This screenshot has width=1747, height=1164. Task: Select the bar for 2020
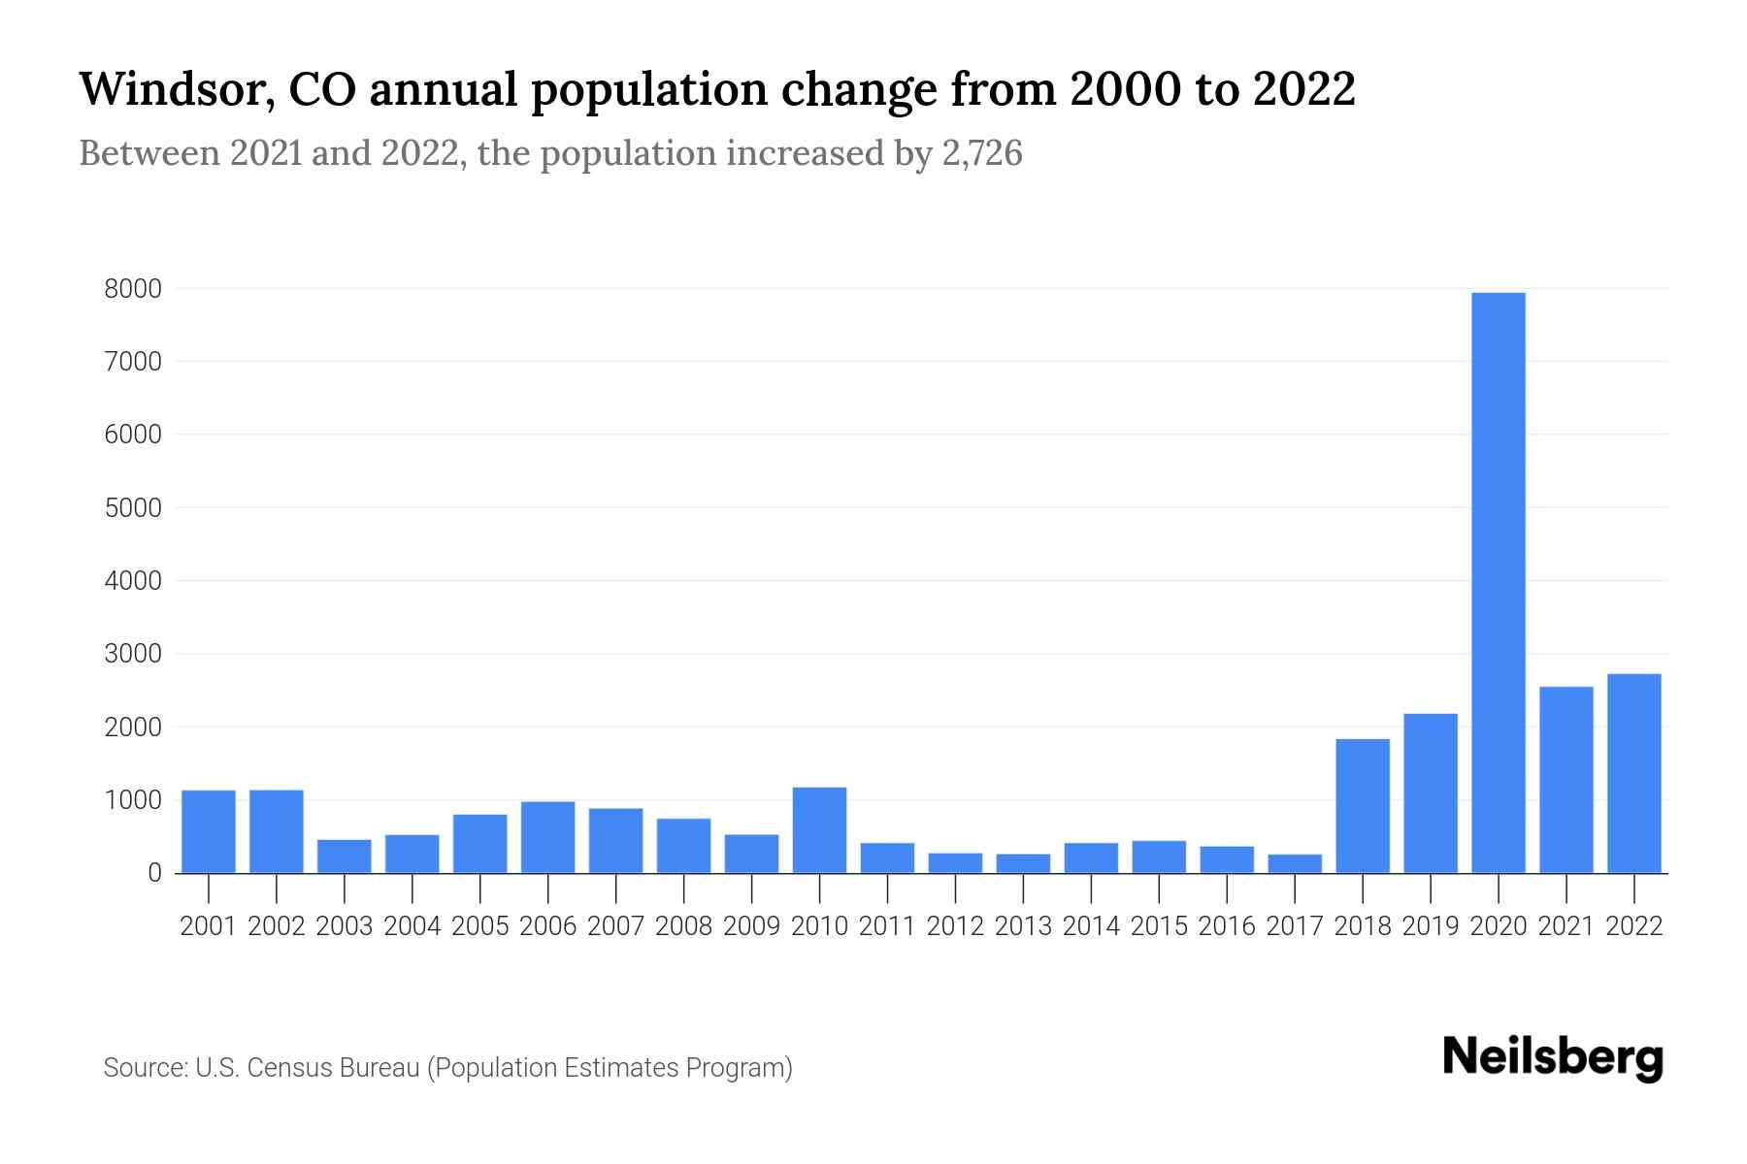pos(1499,582)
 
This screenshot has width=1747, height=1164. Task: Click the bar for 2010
pos(819,830)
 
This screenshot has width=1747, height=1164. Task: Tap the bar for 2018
pos(1363,806)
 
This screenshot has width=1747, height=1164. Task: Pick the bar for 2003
pos(345,857)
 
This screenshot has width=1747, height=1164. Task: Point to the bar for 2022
pos(1634,773)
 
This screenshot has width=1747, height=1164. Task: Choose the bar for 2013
pos(1023,863)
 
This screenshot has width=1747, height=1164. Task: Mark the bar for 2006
pos(547,837)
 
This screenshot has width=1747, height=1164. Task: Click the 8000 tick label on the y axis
pos(134,288)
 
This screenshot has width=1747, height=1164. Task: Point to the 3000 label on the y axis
pos(134,654)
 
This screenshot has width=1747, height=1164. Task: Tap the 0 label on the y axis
pos(155,873)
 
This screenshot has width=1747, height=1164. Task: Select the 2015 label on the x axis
pos(1159,926)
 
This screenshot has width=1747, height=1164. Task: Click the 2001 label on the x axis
pos(209,926)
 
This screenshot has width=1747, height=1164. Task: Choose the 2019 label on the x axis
pos(1431,926)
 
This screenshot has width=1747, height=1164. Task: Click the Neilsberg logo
pos(1553,1058)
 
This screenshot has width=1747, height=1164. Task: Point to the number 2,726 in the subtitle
pos(982,153)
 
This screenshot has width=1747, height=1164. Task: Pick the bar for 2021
pos(1566,780)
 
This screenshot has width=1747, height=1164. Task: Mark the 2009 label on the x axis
pos(751,926)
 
